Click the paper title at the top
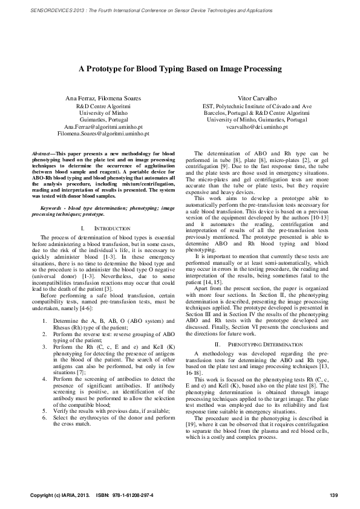[180, 69]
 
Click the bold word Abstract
[41, 155]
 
